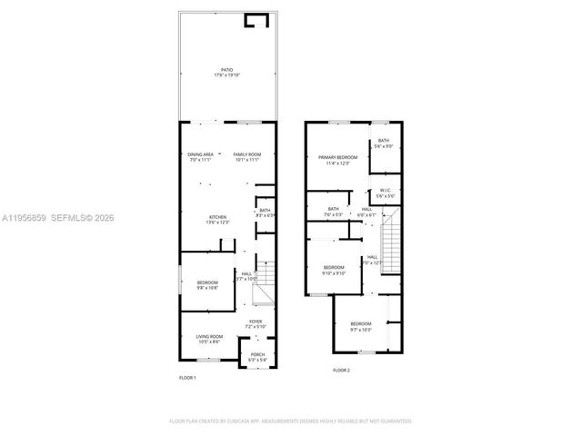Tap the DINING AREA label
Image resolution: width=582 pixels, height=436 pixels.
tap(201, 156)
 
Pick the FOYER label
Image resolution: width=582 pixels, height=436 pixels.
tap(256, 322)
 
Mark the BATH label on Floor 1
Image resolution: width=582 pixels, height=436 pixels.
tap(265, 213)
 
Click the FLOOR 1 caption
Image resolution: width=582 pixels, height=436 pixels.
tap(186, 378)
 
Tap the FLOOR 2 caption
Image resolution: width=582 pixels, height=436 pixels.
tap(341, 371)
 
